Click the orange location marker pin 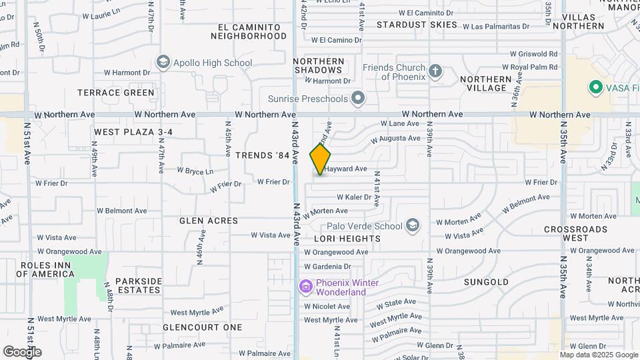point(320,159)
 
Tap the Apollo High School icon point(163,63)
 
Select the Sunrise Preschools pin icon point(358,99)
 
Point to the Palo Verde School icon point(413,225)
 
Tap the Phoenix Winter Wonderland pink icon point(306,287)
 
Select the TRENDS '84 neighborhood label point(263,155)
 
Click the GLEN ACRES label point(209,221)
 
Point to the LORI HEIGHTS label point(347,238)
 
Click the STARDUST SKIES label point(417,25)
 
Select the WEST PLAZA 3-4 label point(133,132)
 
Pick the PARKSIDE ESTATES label point(139,285)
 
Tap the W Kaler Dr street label point(353,197)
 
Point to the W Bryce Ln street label point(195,171)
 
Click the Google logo point(22,352)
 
